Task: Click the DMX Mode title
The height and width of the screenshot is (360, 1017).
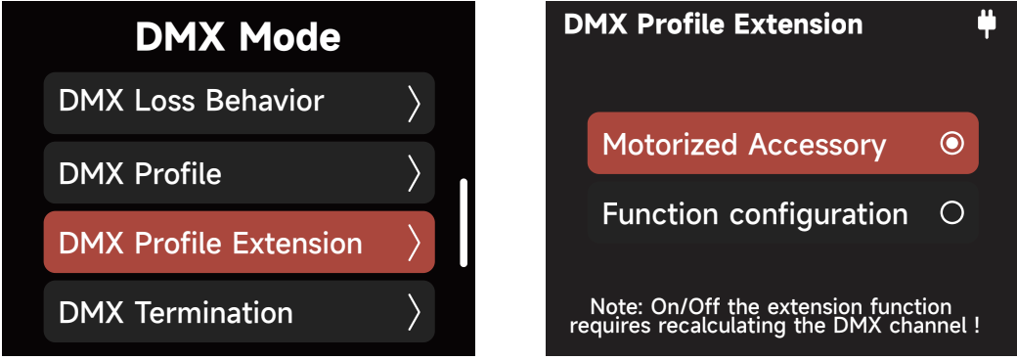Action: tap(238, 37)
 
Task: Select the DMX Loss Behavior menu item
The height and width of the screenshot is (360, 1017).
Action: tap(192, 102)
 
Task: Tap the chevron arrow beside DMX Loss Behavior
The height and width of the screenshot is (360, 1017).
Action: tap(414, 103)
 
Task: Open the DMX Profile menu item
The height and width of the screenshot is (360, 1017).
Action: tap(141, 174)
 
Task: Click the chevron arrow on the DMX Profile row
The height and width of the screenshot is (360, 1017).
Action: tap(414, 173)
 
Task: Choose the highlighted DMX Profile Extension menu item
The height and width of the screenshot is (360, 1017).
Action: tap(210, 243)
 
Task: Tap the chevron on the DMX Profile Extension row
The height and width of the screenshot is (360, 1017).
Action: tap(414, 243)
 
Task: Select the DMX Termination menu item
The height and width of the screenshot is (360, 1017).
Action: tap(176, 313)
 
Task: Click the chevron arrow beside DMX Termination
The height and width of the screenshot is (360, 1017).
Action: tap(414, 312)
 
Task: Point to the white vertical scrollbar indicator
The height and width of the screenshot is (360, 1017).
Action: tap(464, 222)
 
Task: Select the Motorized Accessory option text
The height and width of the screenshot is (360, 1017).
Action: tap(743, 145)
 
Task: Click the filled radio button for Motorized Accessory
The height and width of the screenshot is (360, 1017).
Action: tap(951, 144)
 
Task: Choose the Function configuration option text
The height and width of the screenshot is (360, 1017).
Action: tap(755, 213)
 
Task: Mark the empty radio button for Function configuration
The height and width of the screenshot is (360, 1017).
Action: tap(951, 213)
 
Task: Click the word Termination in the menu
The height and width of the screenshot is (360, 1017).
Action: tap(213, 313)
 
